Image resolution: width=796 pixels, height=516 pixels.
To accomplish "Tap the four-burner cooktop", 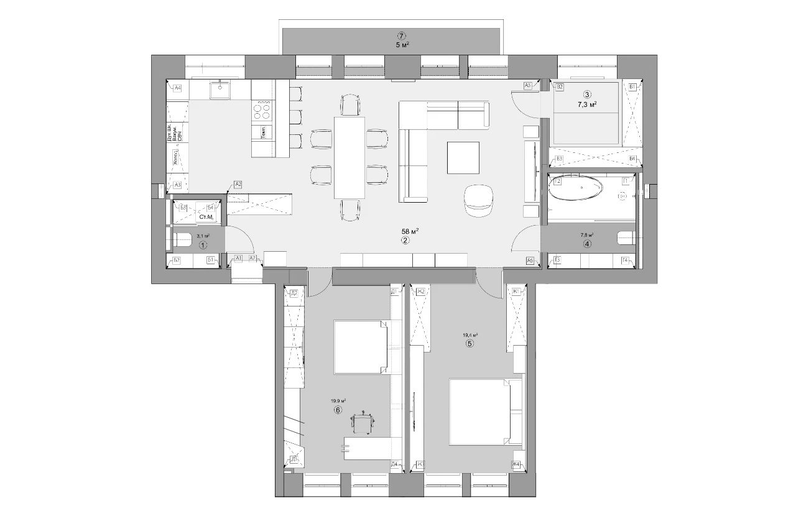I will (x=262, y=111).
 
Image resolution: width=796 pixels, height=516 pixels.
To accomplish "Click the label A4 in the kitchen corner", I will (x=177, y=88).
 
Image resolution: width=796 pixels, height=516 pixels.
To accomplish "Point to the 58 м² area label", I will (x=409, y=231).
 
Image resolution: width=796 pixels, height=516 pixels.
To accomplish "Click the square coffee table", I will (x=463, y=157).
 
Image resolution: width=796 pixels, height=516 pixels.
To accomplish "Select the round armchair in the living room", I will (x=478, y=200).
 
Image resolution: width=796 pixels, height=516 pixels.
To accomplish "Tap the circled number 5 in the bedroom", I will (x=470, y=343).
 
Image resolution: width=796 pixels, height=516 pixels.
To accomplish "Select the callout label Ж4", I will (x=516, y=464).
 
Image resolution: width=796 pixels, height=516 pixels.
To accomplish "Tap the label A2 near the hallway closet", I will (x=238, y=184).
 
